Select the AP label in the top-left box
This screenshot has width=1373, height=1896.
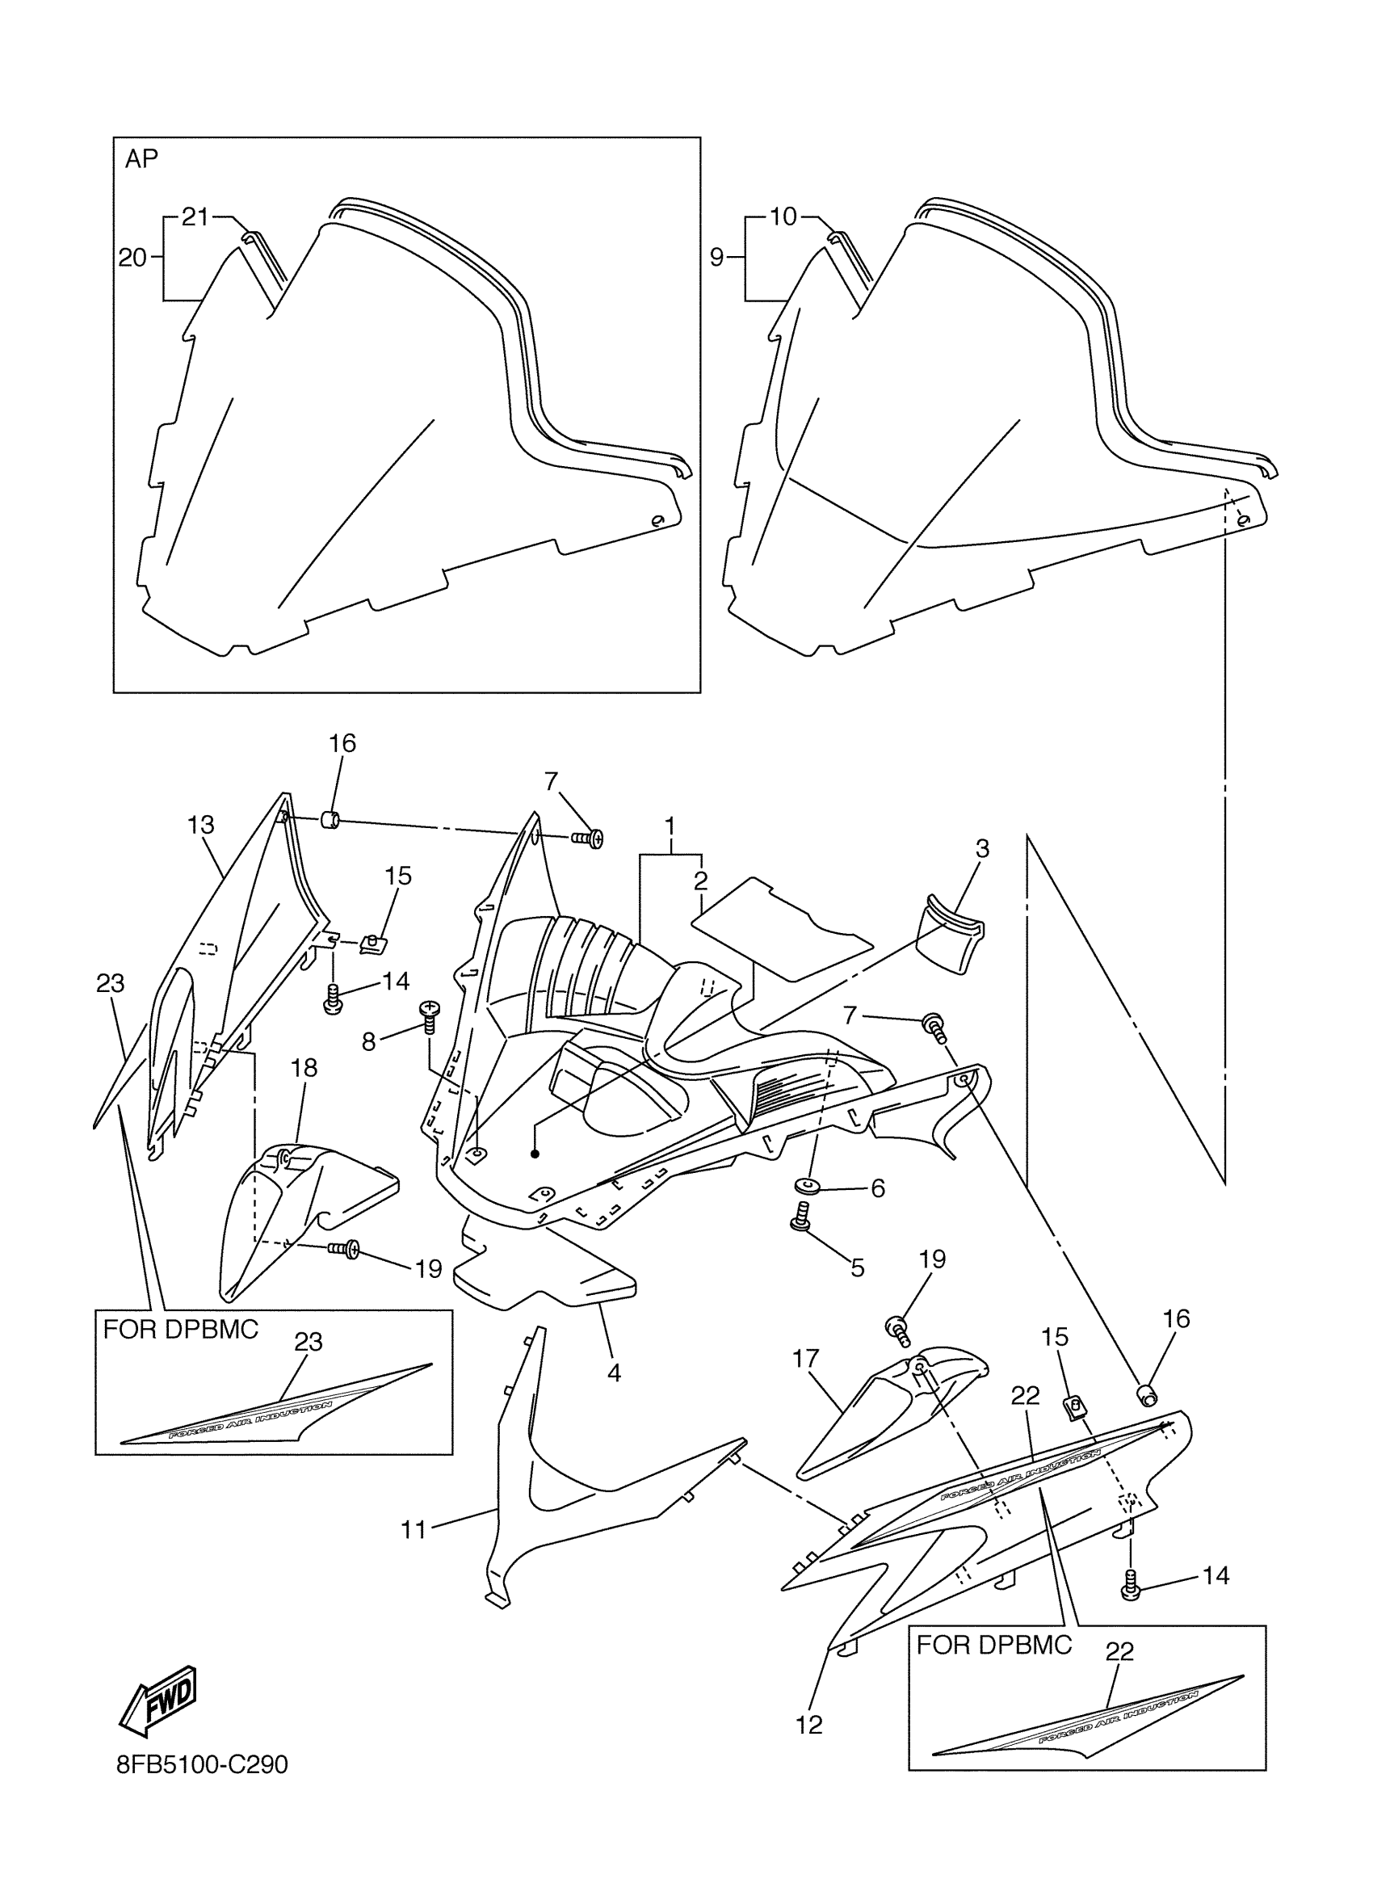click(141, 159)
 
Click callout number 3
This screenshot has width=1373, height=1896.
click(982, 848)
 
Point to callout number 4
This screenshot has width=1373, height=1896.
click(614, 1373)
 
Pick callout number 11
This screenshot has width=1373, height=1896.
click(414, 1530)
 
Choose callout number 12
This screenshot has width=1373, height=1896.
click(810, 1724)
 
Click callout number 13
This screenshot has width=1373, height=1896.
click(200, 825)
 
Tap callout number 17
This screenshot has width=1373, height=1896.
click(805, 1360)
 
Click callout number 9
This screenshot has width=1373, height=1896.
click(717, 258)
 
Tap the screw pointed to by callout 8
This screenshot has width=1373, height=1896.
click(430, 1014)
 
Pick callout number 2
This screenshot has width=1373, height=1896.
click(700, 881)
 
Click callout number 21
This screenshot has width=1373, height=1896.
click(195, 217)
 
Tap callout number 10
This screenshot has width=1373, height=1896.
click(783, 217)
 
